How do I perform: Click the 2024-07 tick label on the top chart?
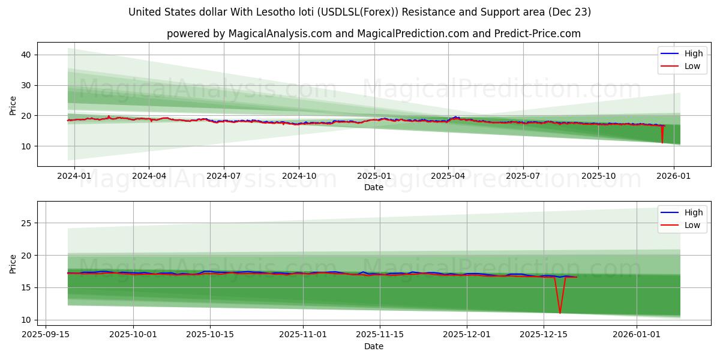pos(224,176)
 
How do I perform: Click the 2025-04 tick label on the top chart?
pos(448,176)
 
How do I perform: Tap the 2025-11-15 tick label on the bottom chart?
pos(379,334)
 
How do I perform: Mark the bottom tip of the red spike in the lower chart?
pos(560,313)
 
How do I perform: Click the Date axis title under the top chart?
pos(373,187)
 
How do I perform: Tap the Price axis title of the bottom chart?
pos(13,263)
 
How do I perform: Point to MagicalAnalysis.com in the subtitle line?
pos(280,34)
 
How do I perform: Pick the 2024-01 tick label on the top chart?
pos(74,176)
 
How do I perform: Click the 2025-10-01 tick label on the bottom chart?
pos(133,334)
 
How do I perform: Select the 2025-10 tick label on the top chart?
pos(598,176)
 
